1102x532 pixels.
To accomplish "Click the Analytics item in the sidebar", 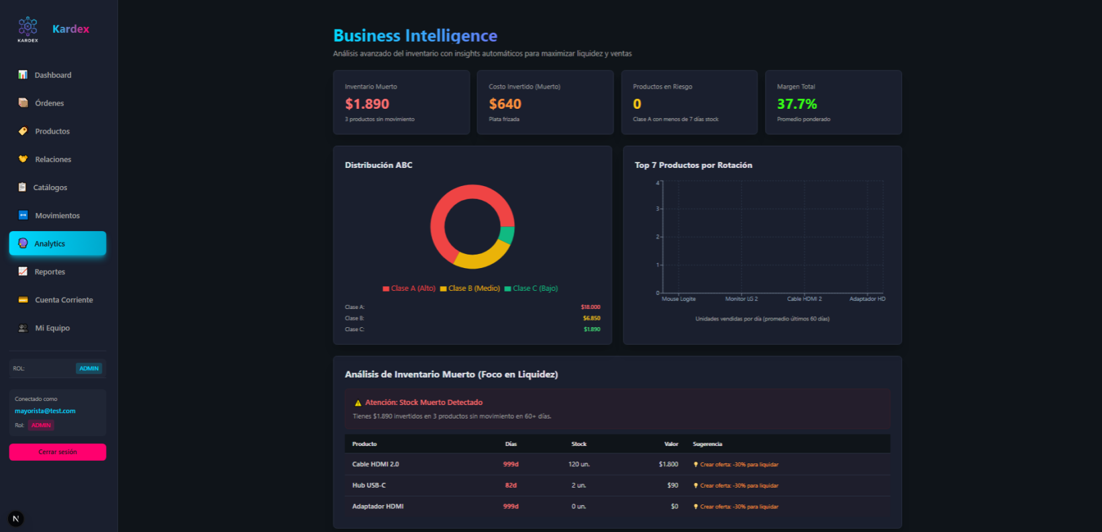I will pyautogui.click(x=57, y=243).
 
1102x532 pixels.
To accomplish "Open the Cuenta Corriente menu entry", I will pyautogui.click(x=64, y=300).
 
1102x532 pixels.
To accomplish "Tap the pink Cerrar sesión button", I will pyautogui.click(x=58, y=452).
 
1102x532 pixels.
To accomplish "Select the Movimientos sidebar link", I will pyautogui.click(x=57, y=216).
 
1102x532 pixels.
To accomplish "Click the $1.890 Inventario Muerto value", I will pyautogui.click(x=367, y=104).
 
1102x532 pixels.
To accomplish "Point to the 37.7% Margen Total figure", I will pyautogui.click(x=797, y=104).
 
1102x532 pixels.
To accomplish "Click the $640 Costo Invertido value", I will pyautogui.click(x=505, y=104).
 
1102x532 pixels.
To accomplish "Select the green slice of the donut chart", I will pyautogui.click(x=507, y=234).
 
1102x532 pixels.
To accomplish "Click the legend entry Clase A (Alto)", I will pyautogui.click(x=409, y=288).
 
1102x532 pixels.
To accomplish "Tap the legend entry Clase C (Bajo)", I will pyautogui.click(x=532, y=288).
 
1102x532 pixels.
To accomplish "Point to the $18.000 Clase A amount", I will pyautogui.click(x=591, y=307).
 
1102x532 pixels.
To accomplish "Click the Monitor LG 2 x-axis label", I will pyautogui.click(x=741, y=299).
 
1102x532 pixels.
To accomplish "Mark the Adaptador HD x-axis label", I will pyautogui.click(x=867, y=299).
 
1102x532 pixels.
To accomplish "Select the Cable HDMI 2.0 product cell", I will pyautogui.click(x=375, y=464).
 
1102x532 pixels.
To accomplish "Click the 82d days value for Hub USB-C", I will pyautogui.click(x=511, y=485).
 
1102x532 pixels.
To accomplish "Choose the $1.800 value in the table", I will pyautogui.click(x=668, y=464).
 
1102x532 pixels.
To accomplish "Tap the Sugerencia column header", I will pyautogui.click(x=707, y=444).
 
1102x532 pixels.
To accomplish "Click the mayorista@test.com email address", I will pyautogui.click(x=45, y=411).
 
